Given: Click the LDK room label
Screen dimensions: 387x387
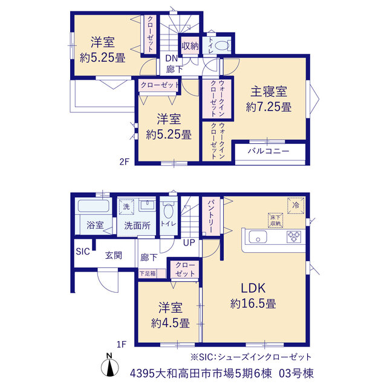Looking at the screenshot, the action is coord(253,288).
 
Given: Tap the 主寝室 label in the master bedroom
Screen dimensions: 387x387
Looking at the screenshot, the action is coord(268,91).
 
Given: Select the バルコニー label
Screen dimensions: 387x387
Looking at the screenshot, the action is coord(268,151).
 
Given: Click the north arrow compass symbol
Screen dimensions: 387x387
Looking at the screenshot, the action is coord(109,366).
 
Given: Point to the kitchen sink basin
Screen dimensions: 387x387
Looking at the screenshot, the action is coord(258,237).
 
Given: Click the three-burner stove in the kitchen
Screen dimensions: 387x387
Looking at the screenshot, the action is coord(294,236).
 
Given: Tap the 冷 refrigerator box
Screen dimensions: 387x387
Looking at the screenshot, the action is coord(296,206).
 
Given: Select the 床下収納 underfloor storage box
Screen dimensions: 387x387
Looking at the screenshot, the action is coord(276,220).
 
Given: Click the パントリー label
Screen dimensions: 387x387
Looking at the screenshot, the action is coord(211,216).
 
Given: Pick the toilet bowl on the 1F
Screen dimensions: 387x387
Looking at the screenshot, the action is coord(169,211).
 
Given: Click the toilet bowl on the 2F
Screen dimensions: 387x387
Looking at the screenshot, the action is coord(222,45).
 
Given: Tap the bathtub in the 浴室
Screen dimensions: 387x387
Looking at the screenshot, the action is coord(94,206).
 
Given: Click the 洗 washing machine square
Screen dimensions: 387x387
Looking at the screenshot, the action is coord(126,207).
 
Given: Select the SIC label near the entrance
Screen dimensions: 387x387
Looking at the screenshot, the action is coord(83,252).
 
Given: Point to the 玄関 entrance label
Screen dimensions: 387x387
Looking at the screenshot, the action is coord(114,255).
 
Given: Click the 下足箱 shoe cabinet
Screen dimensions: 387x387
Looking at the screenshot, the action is coord(152,273).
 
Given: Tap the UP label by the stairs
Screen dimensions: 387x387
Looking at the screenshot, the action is coord(189,243).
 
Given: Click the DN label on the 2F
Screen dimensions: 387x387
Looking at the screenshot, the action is coord(172,59).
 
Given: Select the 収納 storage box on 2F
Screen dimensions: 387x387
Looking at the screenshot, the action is coord(190,46).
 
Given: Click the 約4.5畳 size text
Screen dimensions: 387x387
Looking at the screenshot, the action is coord(171,323).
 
